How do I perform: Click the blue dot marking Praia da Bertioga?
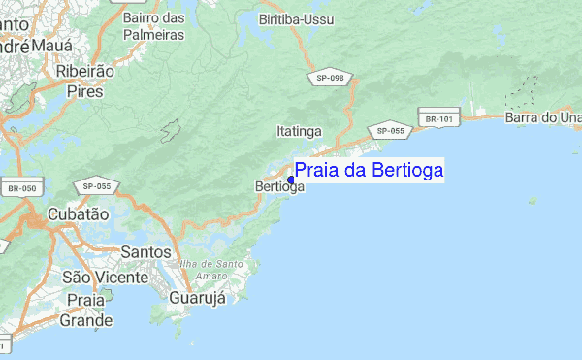(291, 180)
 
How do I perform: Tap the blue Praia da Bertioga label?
(369, 171)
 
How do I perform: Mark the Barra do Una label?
(543, 117)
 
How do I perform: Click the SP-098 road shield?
(330, 78)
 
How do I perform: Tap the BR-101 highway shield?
(438, 119)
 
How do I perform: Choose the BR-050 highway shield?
(20, 187)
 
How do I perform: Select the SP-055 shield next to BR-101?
(390, 130)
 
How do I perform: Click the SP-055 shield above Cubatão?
(97, 185)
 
